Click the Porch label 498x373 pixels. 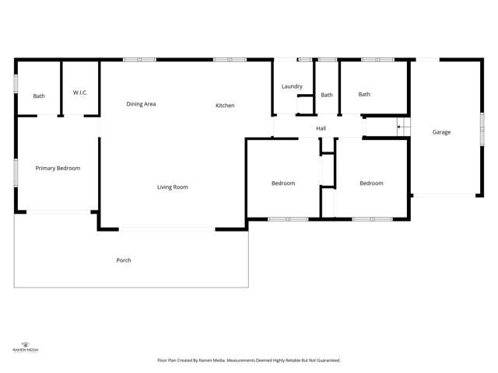(x=123, y=260)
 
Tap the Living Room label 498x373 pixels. (x=173, y=187)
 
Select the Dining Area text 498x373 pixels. (x=141, y=104)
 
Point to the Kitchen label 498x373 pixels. (x=225, y=106)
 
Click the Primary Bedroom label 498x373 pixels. (x=58, y=168)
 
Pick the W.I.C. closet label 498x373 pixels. (x=80, y=93)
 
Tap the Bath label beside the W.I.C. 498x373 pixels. (x=39, y=96)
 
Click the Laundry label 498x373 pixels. (x=292, y=86)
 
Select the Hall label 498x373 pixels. (x=321, y=128)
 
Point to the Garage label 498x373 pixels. (x=441, y=132)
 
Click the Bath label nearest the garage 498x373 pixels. (x=364, y=95)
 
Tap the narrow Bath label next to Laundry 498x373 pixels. (x=327, y=95)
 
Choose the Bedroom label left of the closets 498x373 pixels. (x=283, y=183)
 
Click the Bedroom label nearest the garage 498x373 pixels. (x=371, y=183)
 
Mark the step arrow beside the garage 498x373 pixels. (x=402, y=127)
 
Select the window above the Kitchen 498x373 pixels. (x=230, y=59)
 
